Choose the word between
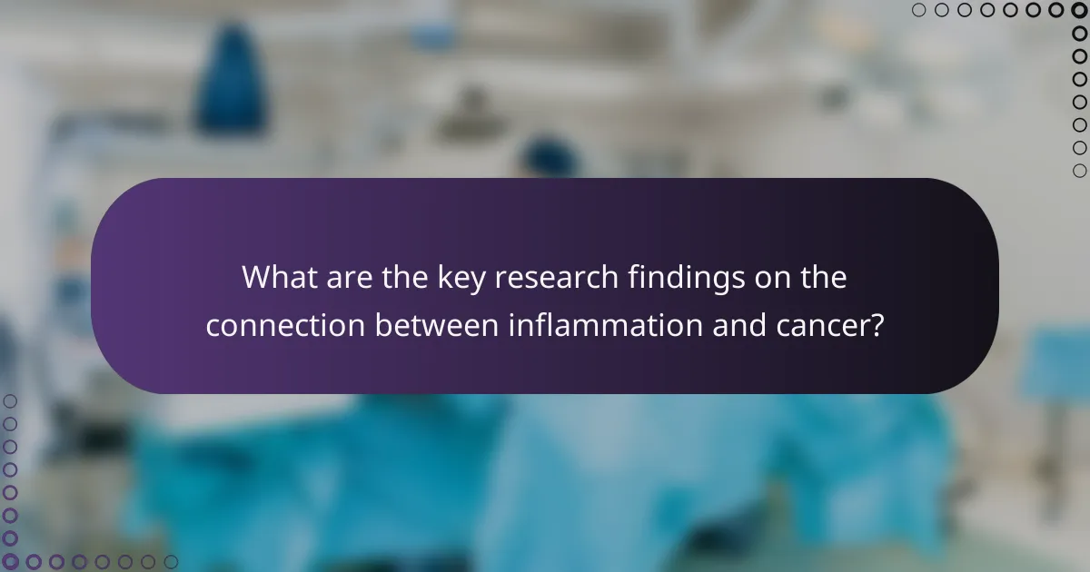pos(435,326)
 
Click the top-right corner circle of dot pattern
pos(1079,10)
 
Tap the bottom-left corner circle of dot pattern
pos(10,562)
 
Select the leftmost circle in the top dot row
pos(919,10)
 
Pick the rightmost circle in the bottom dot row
pos(171,562)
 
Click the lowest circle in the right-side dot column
pos(1079,171)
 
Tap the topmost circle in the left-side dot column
pos(10,401)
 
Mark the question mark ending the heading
pos(877,326)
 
